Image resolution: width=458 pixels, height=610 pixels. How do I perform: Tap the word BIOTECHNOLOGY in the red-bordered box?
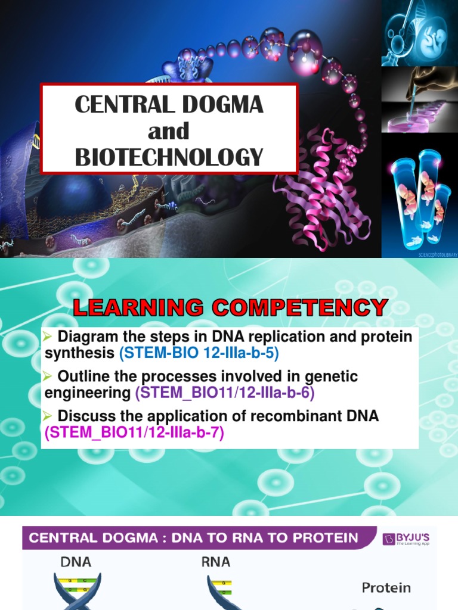[169, 157]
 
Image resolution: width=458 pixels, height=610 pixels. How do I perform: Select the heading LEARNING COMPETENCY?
[230, 308]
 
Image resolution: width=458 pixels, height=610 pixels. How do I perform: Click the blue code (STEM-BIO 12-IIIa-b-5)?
[199, 353]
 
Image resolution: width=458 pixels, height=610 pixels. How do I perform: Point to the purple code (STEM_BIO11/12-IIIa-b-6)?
[224, 393]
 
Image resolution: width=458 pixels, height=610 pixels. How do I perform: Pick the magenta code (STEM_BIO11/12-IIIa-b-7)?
[134, 432]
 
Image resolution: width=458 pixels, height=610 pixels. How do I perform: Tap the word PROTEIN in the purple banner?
[324, 539]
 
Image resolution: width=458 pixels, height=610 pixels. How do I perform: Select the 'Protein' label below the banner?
[386, 588]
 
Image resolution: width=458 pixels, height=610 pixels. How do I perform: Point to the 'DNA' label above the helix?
[76, 561]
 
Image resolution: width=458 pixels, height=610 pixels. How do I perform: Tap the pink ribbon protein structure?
[322, 191]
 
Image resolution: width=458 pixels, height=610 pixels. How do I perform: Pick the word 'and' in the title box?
[169, 130]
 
